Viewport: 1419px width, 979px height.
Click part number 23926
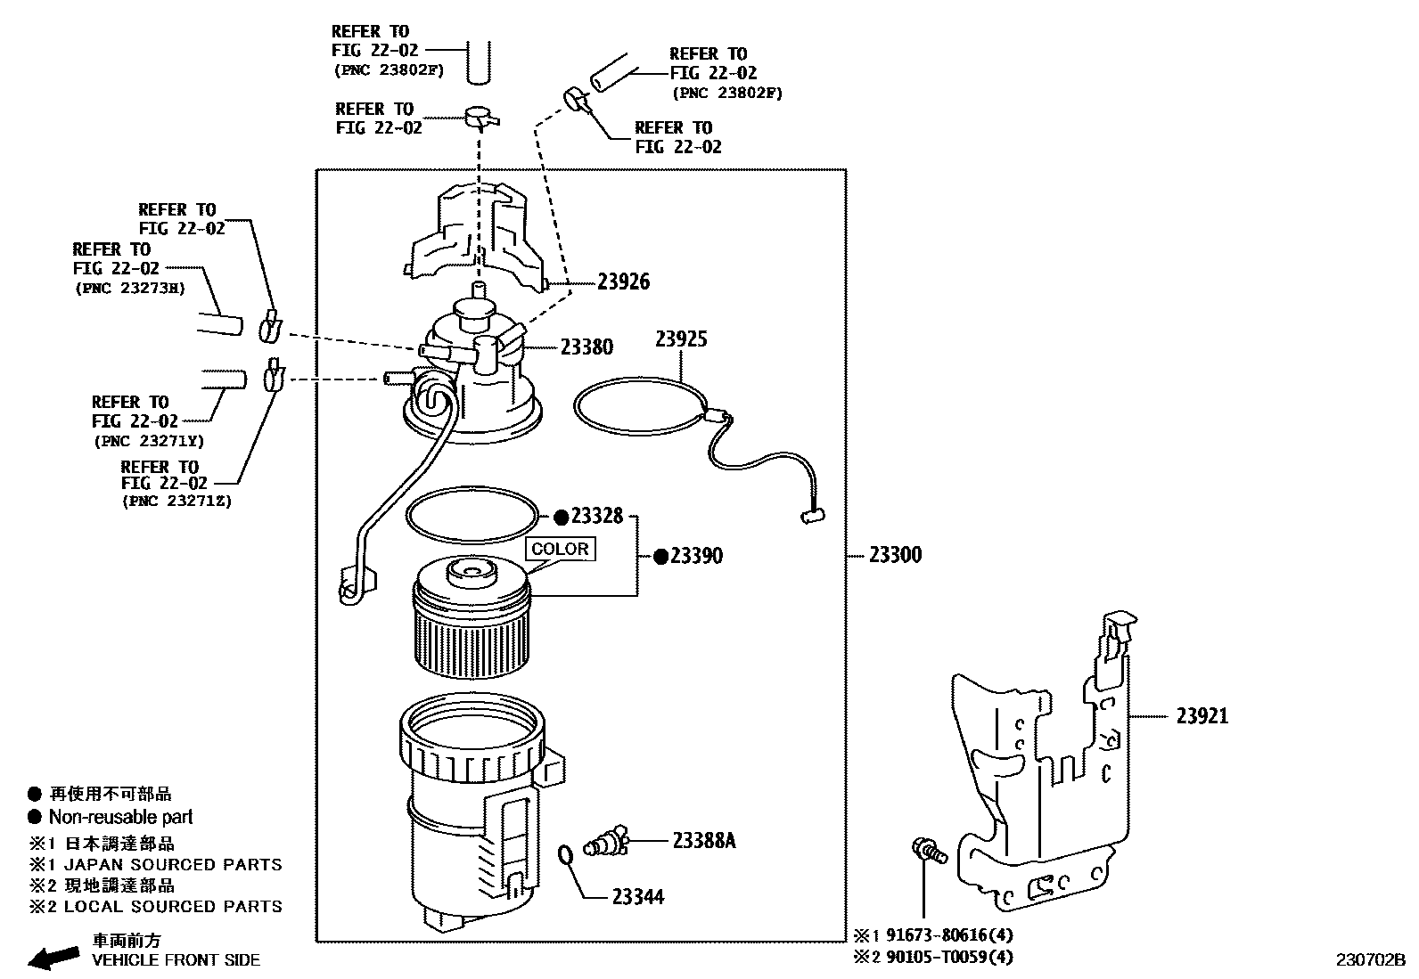[x=623, y=282]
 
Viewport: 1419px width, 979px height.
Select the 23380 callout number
[x=586, y=347]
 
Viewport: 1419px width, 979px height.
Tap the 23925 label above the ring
[x=681, y=339]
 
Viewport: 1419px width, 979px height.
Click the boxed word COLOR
[x=560, y=549]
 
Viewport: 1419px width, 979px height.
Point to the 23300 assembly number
[x=895, y=555]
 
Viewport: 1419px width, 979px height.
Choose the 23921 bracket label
[x=1202, y=715]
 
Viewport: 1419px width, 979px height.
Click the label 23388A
[x=703, y=840]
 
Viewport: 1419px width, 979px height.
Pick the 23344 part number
[x=638, y=897]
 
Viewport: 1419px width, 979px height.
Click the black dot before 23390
[x=660, y=557]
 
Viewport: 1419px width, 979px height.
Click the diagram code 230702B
[x=1370, y=960]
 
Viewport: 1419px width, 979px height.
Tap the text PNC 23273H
[x=128, y=289]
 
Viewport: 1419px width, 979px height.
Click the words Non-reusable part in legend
[x=120, y=817]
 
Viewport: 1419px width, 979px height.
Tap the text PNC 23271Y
[x=148, y=440]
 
